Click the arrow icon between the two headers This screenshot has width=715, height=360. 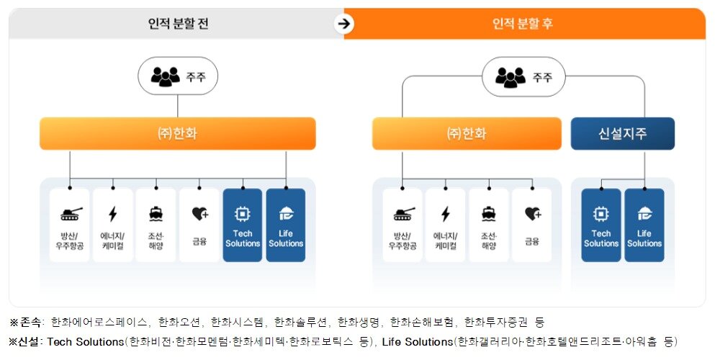point(344,24)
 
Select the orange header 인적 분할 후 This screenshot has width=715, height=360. point(523,24)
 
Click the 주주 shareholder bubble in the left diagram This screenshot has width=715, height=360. point(178,76)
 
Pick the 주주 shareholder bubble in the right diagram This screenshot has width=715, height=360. point(523,76)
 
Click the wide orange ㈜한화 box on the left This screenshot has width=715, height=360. point(178,134)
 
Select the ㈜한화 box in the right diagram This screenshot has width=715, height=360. point(467,134)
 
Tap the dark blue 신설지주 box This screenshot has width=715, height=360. point(623,134)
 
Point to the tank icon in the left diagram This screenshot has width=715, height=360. point(70,213)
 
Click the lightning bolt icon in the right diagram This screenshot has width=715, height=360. point(446,214)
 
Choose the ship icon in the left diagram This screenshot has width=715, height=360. point(156,213)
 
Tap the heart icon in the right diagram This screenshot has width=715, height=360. point(532,213)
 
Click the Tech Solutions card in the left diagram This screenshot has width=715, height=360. point(243,225)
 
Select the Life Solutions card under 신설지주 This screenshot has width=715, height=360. point(644,225)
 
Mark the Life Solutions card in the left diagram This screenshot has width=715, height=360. point(286,225)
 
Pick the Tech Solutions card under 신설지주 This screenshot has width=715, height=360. point(601,225)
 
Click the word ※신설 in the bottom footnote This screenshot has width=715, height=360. point(24,341)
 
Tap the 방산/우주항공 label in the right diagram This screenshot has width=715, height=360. point(403,239)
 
